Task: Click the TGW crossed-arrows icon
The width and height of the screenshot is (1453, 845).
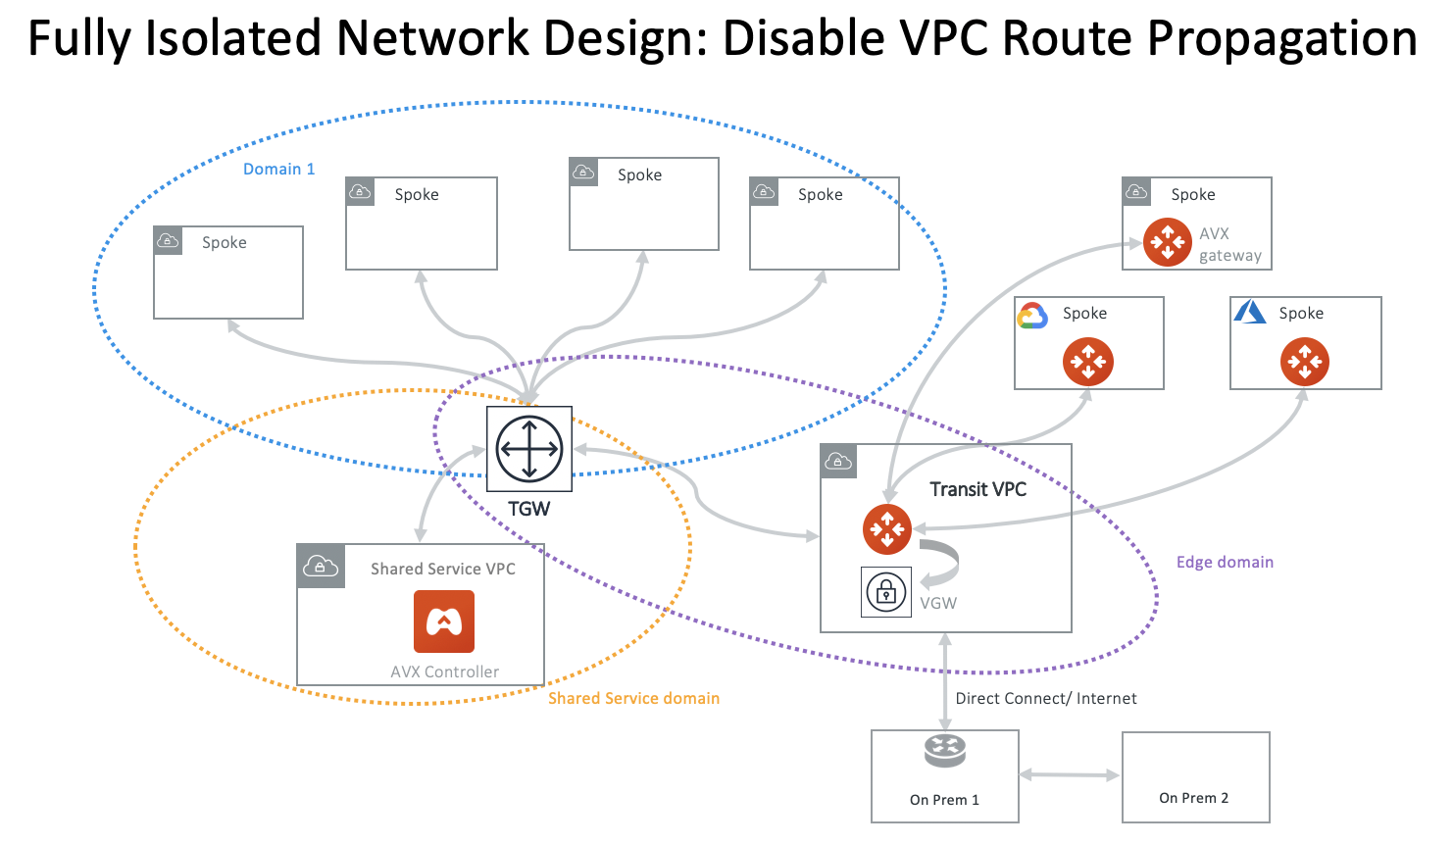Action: click(x=529, y=449)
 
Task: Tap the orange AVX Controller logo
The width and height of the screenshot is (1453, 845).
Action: click(x=444, y=621)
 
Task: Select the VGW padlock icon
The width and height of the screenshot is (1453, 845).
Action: click(x=886, y=592)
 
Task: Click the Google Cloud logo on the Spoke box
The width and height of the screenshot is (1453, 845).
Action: click(x=1032, y=316)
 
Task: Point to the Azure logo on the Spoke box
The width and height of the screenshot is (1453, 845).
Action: click(x=1250, y=312)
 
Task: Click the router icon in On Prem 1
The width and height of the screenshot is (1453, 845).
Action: click(x=945, y=752)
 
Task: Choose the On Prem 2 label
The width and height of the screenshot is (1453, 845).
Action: click(x=1193, y=798)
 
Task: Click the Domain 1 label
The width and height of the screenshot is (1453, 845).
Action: click(x=279, y=170)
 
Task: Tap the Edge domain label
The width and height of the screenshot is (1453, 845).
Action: click(x=1225, y=562)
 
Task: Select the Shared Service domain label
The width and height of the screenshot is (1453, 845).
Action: click(x=633, y=698)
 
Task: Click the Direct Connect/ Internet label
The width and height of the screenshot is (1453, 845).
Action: click(x=1046, y=698)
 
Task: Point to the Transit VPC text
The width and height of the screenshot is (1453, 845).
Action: click(x=977, y=489)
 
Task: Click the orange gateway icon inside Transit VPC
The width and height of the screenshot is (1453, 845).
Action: click(x=887, y=529)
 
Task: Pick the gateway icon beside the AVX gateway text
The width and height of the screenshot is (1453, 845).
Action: click(x=1168, y=241)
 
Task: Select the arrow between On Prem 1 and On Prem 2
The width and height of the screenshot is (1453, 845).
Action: click(x=1070, y=775)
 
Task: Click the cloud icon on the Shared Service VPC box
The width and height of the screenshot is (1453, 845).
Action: click(x=321, y=566)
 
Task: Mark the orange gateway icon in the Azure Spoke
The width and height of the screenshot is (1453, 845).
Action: click(x=1305, y=362)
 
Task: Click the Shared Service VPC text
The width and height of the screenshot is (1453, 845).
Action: click(x=442, y=569)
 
